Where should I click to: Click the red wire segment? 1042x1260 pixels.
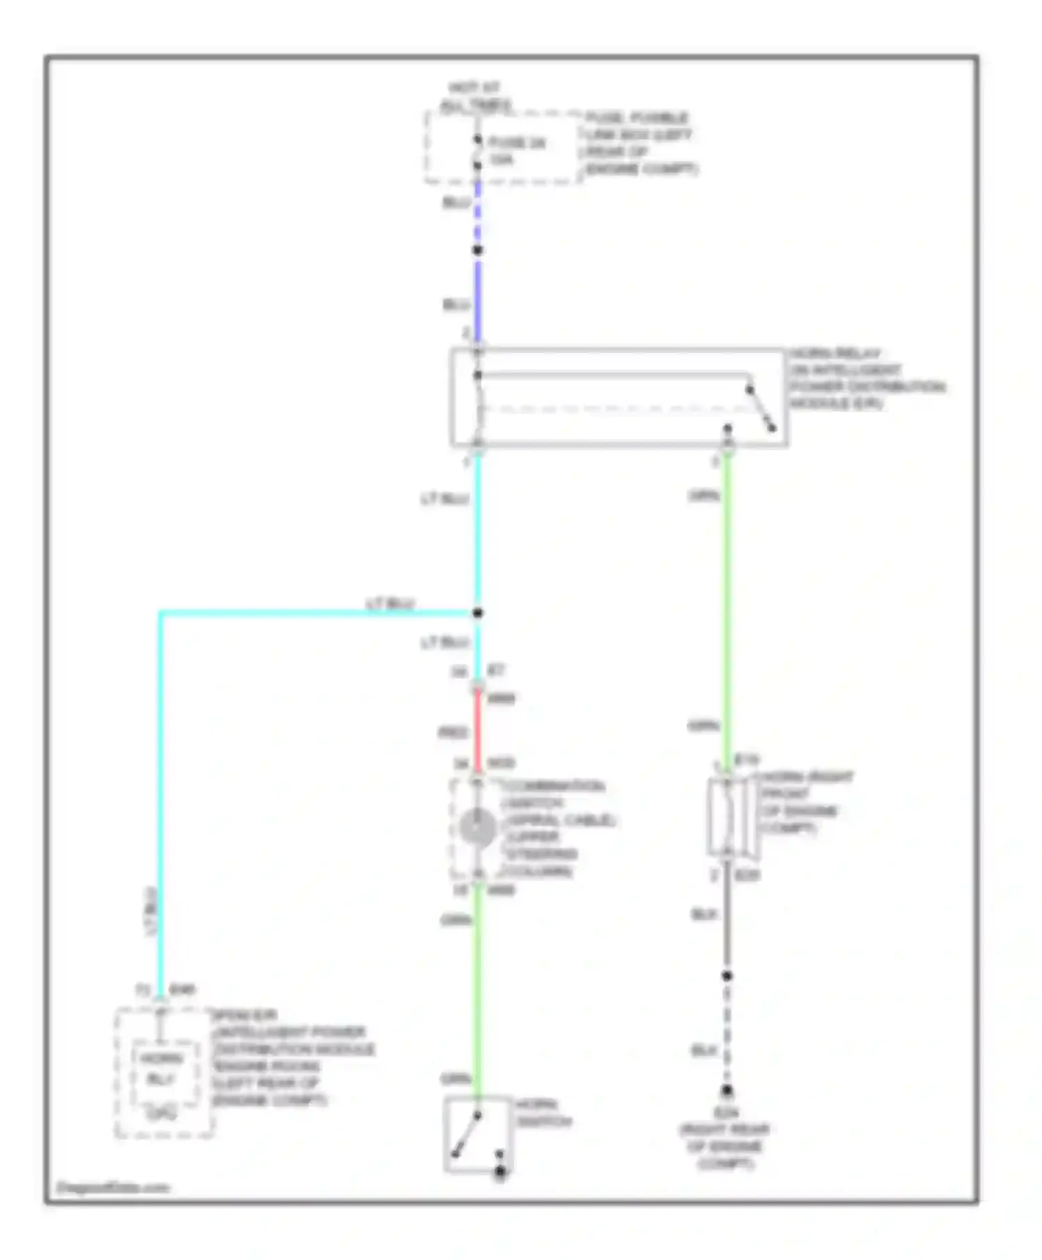coord(477,731)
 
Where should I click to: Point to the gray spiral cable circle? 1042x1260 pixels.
coord(477,828)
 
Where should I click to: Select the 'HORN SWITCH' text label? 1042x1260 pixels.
coord(543,1113)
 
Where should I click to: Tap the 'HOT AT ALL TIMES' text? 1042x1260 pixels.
coord(475,97)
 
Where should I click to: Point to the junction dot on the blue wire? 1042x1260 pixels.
coord(478,250)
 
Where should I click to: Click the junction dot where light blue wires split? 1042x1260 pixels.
coord(478,613)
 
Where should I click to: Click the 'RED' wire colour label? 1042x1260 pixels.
coord(452,733)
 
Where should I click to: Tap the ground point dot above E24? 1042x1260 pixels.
coord(727,1091)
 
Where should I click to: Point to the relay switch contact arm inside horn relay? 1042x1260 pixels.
coord(761,410)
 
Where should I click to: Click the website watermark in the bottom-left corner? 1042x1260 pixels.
coord(113,1187)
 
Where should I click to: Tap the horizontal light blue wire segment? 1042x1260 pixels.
coord(313,613)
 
